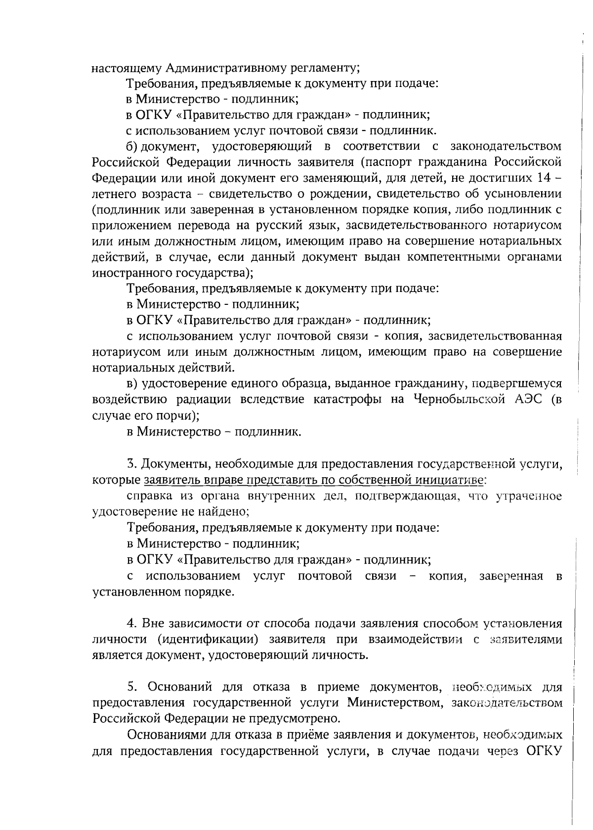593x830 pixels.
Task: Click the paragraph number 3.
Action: point(131,463)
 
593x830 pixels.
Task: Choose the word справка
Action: point(147,496)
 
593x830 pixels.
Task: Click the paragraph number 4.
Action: point(131,623)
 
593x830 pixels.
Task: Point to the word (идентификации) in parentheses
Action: point(209,639)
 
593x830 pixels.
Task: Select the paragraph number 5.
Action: point(131,687)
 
